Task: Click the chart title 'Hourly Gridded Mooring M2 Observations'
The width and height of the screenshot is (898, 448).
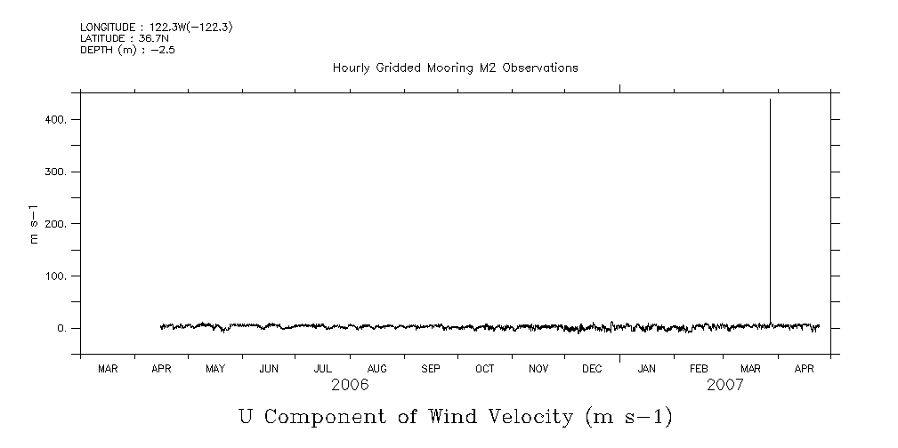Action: (x=455, y=68)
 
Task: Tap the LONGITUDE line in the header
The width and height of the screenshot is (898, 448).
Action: (x=157, y=28)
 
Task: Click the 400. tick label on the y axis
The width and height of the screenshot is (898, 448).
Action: (x=56, y=119)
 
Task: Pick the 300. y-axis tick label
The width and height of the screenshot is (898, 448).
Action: (x=56, y=172)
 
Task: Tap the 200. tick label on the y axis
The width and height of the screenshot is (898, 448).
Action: (x=56, y=224)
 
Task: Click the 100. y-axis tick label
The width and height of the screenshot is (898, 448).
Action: (x=56, y=276)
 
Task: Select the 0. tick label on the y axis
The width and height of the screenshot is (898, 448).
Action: (x=62, y=329)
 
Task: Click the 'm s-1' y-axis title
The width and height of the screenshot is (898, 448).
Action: (x=35, y=223)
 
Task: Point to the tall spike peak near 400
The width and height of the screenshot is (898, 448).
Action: (x=770, y=100)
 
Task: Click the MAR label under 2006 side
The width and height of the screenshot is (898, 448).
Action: (x=108, y=368)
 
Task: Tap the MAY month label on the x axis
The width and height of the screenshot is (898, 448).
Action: (x=215, y=368)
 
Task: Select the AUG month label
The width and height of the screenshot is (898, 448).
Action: (x=376, y=368)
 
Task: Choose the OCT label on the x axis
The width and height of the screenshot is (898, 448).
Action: (x=484, y=368)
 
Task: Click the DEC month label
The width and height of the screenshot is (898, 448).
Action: (x=592, y=368)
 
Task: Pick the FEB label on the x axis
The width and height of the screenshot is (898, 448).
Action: (x=699, y=368)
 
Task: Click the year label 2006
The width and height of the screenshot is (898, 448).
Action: (x=350, y=385)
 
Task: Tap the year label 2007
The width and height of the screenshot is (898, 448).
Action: (x=725, y=385)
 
